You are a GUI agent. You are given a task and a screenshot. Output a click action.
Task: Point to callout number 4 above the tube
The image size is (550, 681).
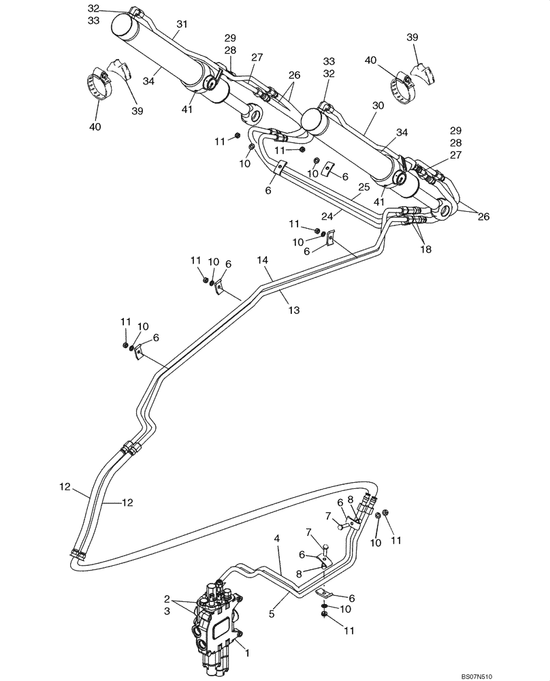click(277, 539)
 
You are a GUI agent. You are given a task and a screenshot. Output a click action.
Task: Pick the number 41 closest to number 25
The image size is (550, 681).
click(379, 202)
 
